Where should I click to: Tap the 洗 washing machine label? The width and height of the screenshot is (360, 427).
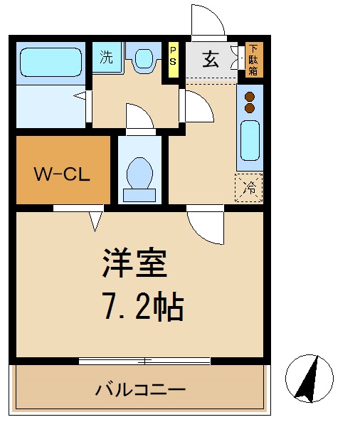[x=106, y=58]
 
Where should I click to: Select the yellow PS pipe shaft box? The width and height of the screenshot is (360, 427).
[x=173, y=56]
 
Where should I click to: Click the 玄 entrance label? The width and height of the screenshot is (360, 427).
[x=211, y=59]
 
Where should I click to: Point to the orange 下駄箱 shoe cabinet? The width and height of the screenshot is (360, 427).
[x=253, y=60]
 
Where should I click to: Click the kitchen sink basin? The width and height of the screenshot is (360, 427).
[x=250, y=139]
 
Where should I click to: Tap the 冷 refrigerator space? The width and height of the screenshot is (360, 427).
[x=249, y=187]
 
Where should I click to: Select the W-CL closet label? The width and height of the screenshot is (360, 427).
[x=63, y=173]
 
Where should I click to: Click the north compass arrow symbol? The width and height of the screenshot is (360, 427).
[x=307, y=376]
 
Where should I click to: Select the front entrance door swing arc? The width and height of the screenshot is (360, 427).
[x=207, y=21]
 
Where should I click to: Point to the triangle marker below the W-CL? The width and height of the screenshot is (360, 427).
[x=95, y=221]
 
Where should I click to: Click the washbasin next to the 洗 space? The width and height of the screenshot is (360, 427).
[x=144, y=58]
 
